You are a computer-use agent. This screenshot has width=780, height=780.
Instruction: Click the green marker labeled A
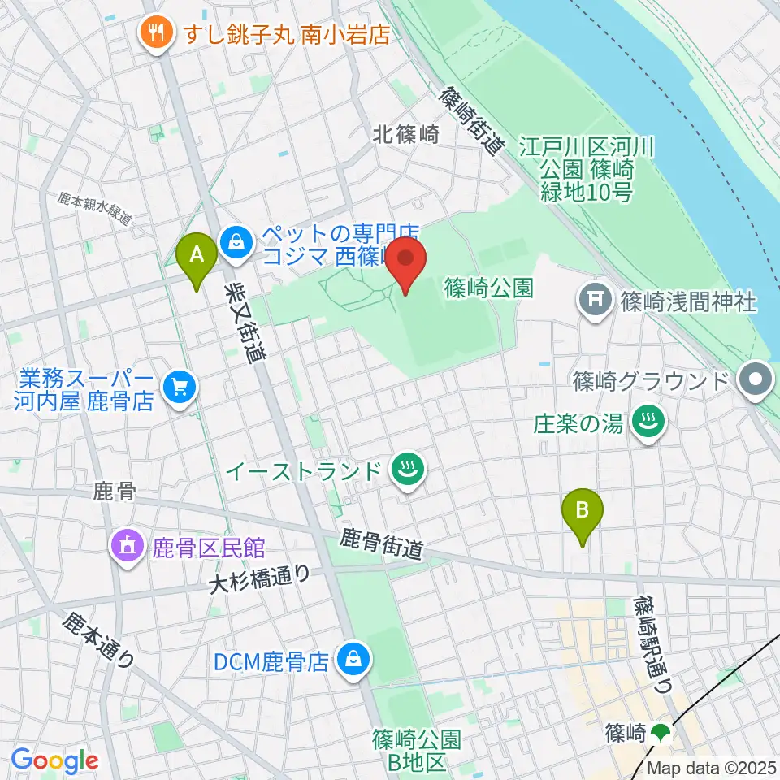coord(196,256)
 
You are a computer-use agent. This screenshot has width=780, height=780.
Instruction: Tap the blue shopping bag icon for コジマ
coord(236,242)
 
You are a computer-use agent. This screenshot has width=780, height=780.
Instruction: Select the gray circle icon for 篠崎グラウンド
coord(756,380)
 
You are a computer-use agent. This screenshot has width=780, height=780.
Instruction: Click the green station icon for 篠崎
coord(660,734)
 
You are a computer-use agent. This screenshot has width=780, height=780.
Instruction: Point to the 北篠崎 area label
coord(406,135)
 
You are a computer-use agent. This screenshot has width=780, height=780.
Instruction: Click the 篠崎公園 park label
coord(488,287)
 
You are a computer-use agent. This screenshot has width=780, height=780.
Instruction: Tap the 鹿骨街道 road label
coord(381,544)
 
